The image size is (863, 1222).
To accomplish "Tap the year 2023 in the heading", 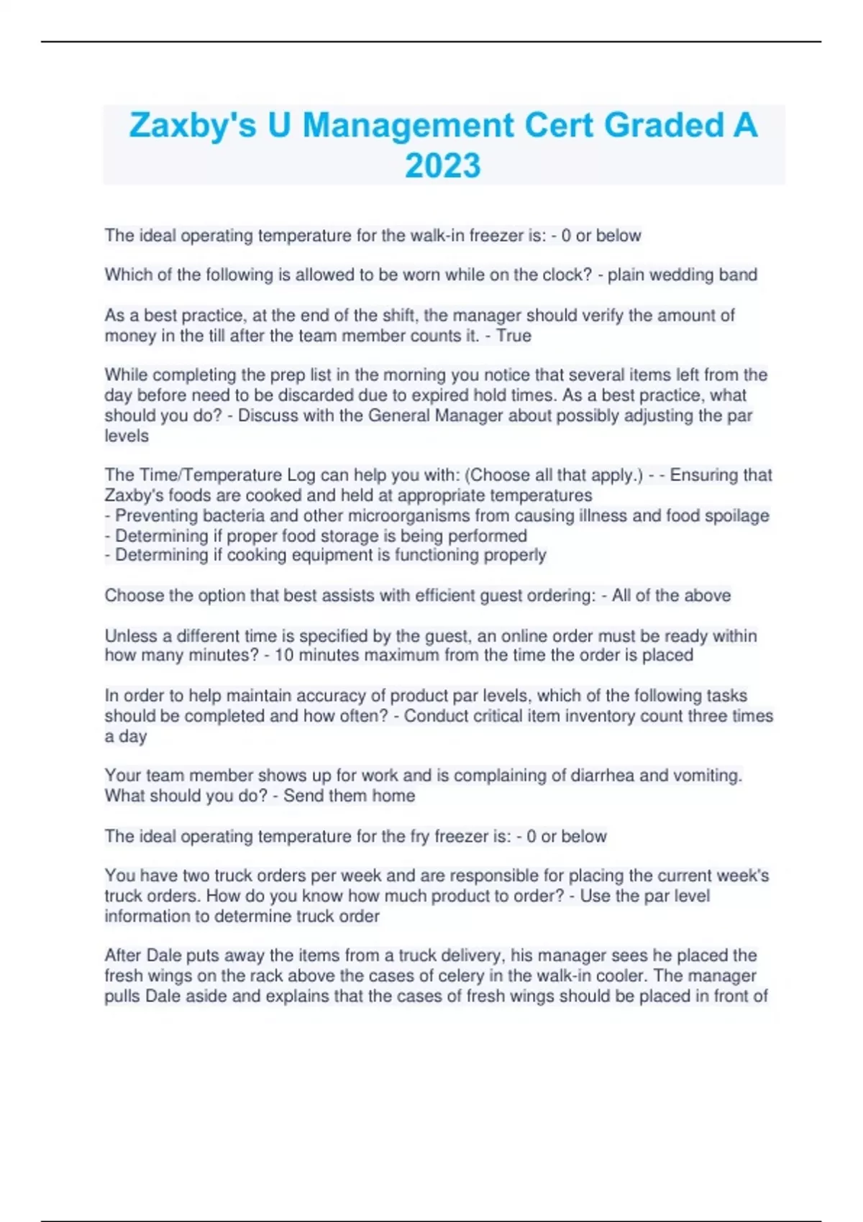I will coord(442,166).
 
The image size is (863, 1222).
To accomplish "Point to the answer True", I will coord(513,336).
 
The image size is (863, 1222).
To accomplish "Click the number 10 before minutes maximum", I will coord(284,656).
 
